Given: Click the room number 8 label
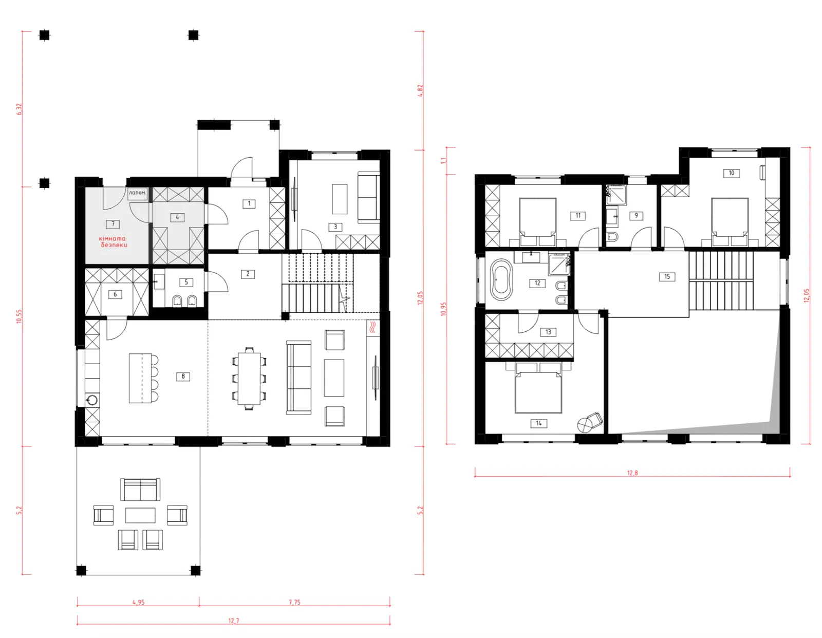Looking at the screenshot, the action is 183,377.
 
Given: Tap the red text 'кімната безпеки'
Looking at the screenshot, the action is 113,241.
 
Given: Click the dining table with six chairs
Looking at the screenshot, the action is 249,379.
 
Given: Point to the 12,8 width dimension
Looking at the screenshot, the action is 632,473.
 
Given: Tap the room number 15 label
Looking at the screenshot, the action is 667,276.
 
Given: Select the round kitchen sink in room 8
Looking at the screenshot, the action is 92,400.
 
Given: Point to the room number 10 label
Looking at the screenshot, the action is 731,173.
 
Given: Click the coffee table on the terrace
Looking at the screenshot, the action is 140,515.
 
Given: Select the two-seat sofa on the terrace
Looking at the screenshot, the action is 140,490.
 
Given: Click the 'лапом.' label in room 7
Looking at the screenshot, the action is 137,193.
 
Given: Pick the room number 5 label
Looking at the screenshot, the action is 186,282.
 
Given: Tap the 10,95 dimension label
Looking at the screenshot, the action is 443,309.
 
